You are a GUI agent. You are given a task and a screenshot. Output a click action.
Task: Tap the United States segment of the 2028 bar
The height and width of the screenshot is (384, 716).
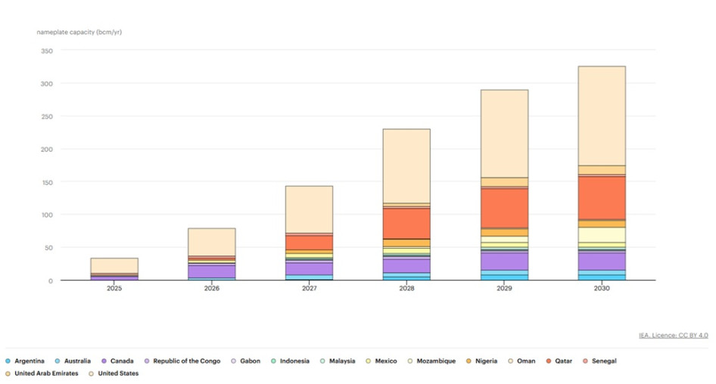(406, 166)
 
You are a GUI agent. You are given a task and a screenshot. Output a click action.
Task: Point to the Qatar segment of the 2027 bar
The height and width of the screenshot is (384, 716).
(309, 242)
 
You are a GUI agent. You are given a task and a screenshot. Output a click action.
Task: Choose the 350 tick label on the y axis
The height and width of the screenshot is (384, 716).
(48, 51)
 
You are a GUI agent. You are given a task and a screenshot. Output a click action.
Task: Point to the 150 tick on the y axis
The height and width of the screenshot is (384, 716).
(48, 182)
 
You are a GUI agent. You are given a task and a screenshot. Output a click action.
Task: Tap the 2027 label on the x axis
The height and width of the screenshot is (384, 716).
(309, 289)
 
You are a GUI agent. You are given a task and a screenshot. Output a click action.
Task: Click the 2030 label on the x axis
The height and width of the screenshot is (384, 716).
(601, 289)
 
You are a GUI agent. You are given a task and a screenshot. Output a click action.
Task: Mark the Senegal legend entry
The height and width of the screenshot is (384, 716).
(602, 361)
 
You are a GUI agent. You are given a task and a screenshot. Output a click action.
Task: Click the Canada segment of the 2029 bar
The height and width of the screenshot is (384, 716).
(504, 261)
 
